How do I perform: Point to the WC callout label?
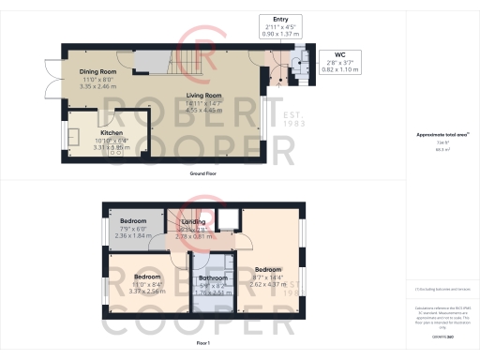click(x=327, y=55)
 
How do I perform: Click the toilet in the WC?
click(x=297, y=65)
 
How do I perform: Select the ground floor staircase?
click(x=177, y=63)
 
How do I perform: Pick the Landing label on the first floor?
click(x=193, y=221)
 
